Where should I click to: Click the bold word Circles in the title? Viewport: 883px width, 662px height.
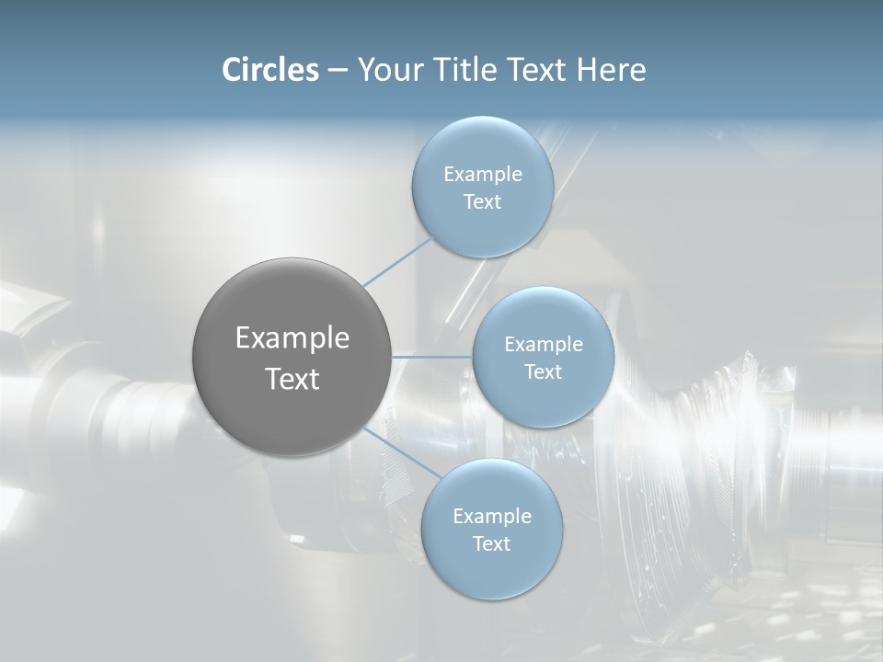(270, 70)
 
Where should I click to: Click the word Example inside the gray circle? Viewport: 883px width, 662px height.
(292, 338)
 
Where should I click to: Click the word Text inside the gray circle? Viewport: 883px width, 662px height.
(292, 379)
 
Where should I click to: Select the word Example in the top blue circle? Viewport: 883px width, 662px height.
(482, 175)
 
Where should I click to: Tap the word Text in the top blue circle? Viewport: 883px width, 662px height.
(482, 202)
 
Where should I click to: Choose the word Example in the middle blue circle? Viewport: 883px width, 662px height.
(543, 345)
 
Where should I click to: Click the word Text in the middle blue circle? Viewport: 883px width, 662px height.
(543, 372)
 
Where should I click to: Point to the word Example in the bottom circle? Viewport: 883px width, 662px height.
(491, 517)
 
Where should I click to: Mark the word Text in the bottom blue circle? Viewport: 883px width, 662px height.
(491, 544)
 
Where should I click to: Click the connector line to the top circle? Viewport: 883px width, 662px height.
(397, 261)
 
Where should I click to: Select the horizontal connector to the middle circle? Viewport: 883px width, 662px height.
(432, 357)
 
